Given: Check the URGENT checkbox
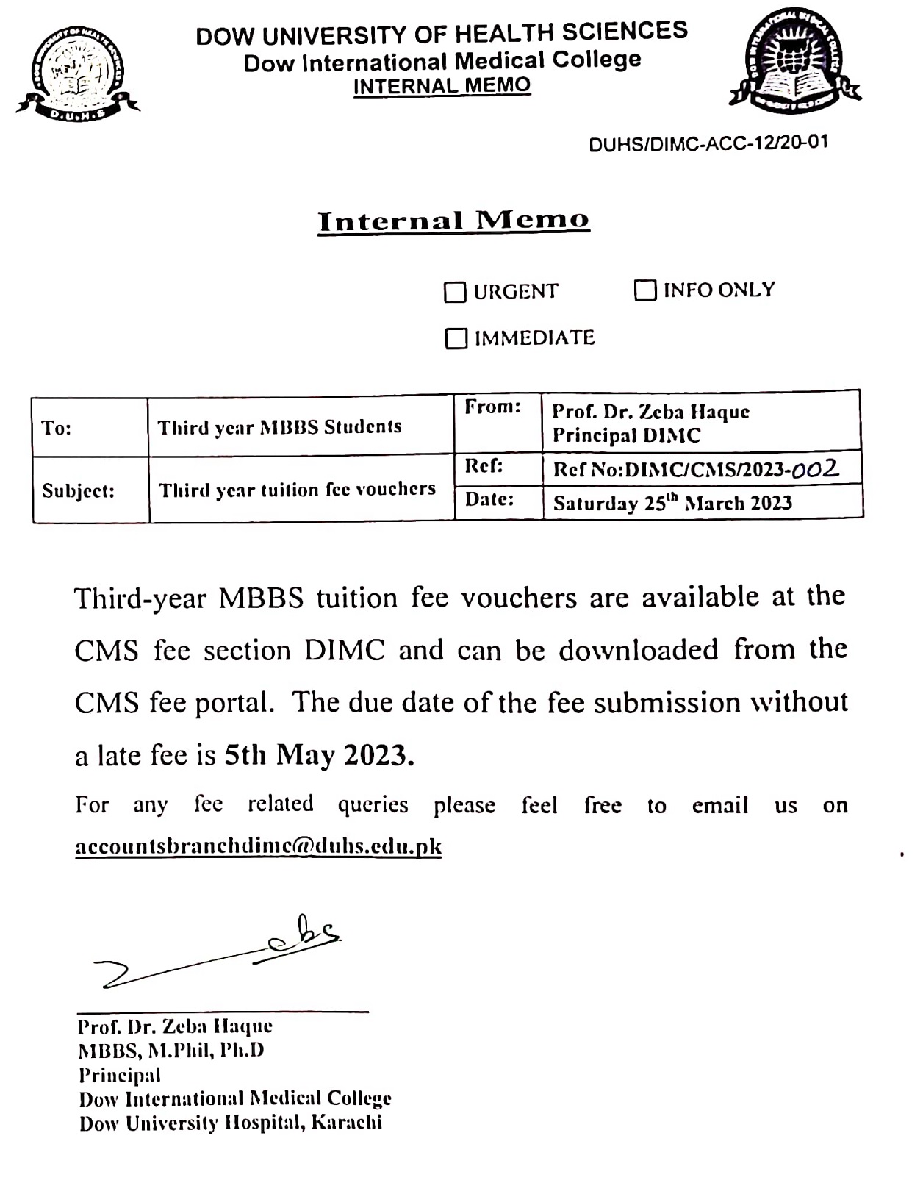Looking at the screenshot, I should pyautogui.click(x=455, y=293).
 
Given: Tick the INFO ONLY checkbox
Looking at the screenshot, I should pyautogui.click(x=644, y=290).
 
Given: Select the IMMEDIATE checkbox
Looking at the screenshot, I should pyautogui.click(x=456, y=339).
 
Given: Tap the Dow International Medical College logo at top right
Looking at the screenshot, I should pyautogui.click(x=794, y=63).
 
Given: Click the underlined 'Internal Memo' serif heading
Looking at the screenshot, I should pyautogui.click(x=453, y=221).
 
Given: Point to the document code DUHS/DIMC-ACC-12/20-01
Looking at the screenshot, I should pyautogui.click(x=708, y=143).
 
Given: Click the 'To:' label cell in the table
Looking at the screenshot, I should pyautogui.click(x=57, y=428).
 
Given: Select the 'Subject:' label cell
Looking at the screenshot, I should pyautogui.click(x=79, y=490).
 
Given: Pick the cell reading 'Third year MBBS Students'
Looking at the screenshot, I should pyautogui.click(x=280, y=427).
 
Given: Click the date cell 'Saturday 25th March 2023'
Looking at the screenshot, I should pyautogui.click(x=672, y=503).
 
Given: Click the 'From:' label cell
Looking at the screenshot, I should pyautogui.click(x=492, y=407).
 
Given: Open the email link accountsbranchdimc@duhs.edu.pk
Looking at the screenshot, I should pyautogui.click(x=259, y=846).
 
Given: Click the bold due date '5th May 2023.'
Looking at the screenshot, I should pyautogui.click(x=320, y=755).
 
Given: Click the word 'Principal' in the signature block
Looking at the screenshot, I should pyautogui.click(x=120, y=1075).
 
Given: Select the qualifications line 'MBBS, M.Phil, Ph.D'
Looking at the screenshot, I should pyautogui.click(x=171, y=1051).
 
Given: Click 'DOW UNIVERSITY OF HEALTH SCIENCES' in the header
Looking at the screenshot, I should pyautogui.click(x=442, y=34).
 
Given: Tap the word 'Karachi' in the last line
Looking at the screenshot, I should pyautogui.click(x=347, y=1123).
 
